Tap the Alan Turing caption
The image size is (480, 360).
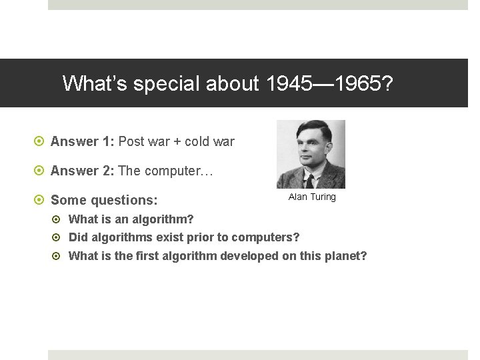point(312,197)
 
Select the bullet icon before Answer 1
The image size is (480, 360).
point(40,142)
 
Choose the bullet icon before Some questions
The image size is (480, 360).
point(40,200)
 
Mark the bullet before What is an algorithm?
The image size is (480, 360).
point(59,219)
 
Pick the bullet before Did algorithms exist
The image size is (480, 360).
point(59,237)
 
